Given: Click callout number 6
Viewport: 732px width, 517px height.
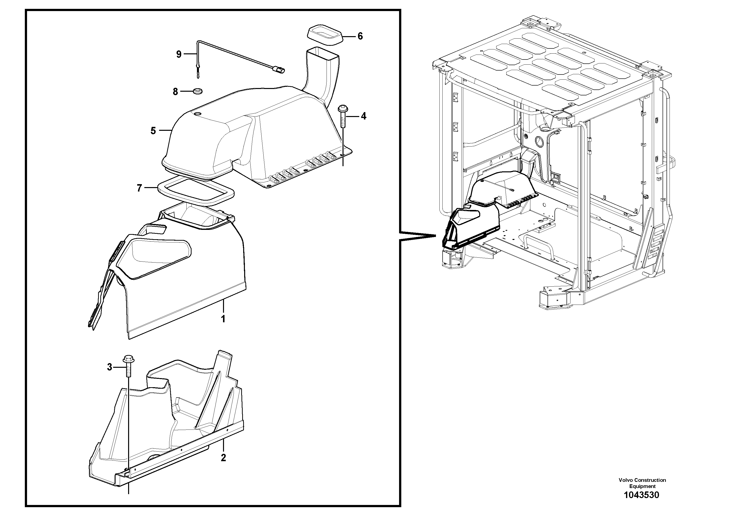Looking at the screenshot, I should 360,36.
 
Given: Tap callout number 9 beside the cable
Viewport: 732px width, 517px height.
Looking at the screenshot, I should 179,55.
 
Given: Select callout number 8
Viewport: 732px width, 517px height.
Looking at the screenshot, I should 175,92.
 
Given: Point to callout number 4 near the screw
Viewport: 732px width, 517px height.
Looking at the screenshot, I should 363,116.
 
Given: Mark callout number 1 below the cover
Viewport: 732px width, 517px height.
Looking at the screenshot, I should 223,319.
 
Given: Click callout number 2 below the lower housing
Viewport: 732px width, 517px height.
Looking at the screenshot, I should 223,458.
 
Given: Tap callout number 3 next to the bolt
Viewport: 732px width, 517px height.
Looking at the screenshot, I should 110,367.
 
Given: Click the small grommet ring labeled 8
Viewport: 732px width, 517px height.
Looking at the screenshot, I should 198,91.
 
